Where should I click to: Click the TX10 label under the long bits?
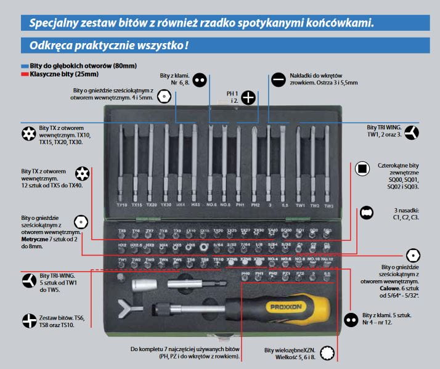tap(121, 205)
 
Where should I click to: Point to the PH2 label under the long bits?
tap(256, 205)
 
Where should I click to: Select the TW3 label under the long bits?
tap(329, 205)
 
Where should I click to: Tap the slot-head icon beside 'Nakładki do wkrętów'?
tap(277, 79)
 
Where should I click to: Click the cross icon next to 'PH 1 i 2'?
tap(248, 97)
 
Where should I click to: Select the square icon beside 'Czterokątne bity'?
tap(362, 169)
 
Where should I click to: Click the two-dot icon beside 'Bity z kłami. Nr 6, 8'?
tap(198, 79)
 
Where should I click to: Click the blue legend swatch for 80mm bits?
tap(25, 65)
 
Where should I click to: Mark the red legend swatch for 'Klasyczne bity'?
tap(25, 73)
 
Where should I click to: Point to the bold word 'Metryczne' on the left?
tap(38, 239)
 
